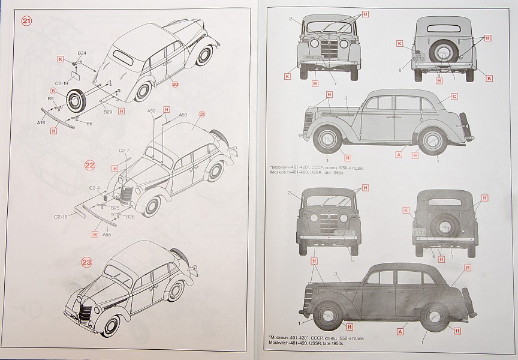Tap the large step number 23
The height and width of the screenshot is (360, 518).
(x=87, y=262)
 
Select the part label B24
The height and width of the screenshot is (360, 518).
(x=82, y=53)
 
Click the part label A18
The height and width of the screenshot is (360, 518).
(x=41, y=122)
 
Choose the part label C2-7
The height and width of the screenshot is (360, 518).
(x=124, y=150)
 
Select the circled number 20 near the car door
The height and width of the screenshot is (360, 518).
(x=175, y=84)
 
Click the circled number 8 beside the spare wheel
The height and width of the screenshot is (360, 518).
(x=53, y=91)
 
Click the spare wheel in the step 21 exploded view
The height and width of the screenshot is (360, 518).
(x=77, y=101)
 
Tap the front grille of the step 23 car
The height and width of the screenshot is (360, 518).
(x=85, y=310)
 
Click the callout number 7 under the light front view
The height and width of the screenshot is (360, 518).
(x=335, y=82)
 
